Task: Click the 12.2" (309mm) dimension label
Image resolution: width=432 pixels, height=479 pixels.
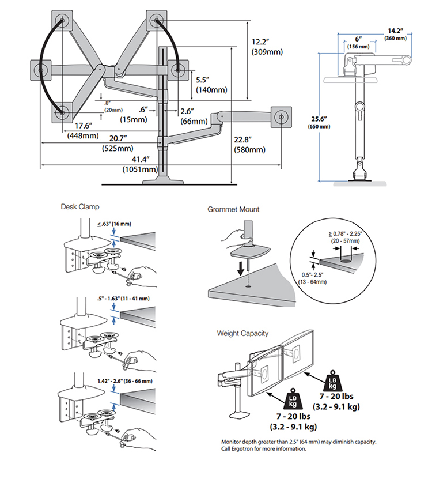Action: coord(267,47)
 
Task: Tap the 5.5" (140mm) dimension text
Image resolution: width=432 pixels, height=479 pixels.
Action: coord(211,85)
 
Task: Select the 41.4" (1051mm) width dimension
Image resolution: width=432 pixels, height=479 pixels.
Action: coord(140,164)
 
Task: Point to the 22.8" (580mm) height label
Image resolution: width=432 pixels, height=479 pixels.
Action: coord(249,145)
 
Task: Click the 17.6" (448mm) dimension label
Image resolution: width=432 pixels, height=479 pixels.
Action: coord(83,130)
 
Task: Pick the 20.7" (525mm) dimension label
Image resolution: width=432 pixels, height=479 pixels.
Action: coord(118,144)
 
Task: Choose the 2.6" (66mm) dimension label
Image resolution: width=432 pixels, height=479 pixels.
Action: coord(194,116)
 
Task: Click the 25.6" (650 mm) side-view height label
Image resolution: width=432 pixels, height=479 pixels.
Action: coord(319,122)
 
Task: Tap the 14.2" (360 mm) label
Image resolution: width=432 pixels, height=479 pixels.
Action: coord(395,34)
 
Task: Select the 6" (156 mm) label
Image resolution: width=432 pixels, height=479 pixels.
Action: coord(358,43)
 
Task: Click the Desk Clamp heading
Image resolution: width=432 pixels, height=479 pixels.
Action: coord(80,207)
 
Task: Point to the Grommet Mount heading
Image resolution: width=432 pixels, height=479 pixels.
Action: coord(233,209)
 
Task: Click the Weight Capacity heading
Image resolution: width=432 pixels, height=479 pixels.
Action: coord(242,333)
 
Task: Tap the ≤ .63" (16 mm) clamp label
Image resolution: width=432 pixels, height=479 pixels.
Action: coord(114,224)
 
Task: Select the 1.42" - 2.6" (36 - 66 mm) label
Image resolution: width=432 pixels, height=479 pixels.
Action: coord(125,381)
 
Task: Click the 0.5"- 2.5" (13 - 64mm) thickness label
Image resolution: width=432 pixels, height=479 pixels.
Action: coord(312,278)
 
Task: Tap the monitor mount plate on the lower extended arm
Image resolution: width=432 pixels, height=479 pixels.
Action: coord(281,117)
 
